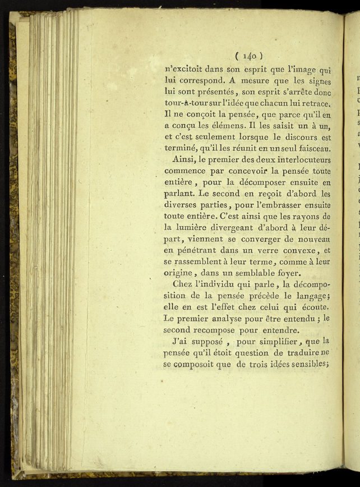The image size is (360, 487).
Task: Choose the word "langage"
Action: point(308,297)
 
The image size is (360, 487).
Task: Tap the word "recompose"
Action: point(217,330)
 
